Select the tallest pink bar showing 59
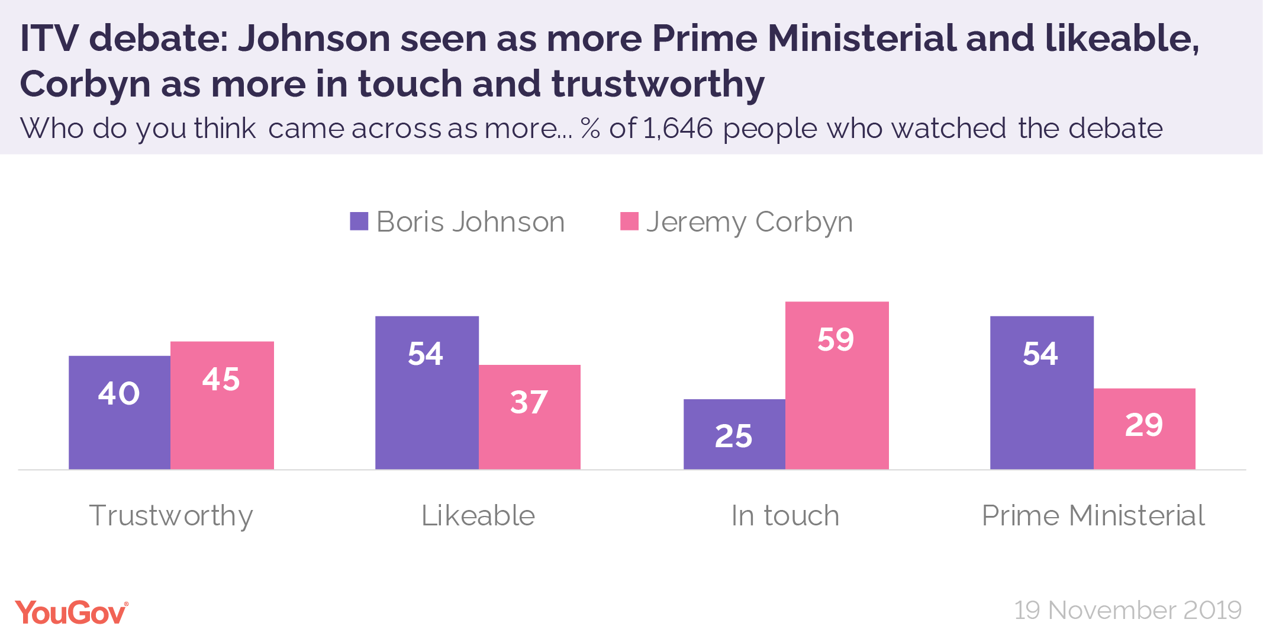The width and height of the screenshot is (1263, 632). click(837, 385)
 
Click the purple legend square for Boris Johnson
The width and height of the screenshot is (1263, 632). click(359, 222)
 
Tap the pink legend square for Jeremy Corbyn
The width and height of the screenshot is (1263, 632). click(629, 222)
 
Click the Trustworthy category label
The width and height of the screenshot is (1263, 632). click(171, 516)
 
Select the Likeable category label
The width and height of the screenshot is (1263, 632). click(478, 515)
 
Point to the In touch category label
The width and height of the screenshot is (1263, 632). click(785, 515)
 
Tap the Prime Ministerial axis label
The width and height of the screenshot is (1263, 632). click(1093, 515)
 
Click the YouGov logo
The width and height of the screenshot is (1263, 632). click(71, 612)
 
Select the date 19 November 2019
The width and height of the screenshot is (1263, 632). click(1128, 610)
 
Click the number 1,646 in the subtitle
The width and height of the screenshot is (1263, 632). click(678, 129)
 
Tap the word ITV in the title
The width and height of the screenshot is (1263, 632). click(49, 39)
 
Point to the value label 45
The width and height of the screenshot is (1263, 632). click(221, 379)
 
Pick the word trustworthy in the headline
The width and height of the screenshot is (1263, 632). click(658, 84)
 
